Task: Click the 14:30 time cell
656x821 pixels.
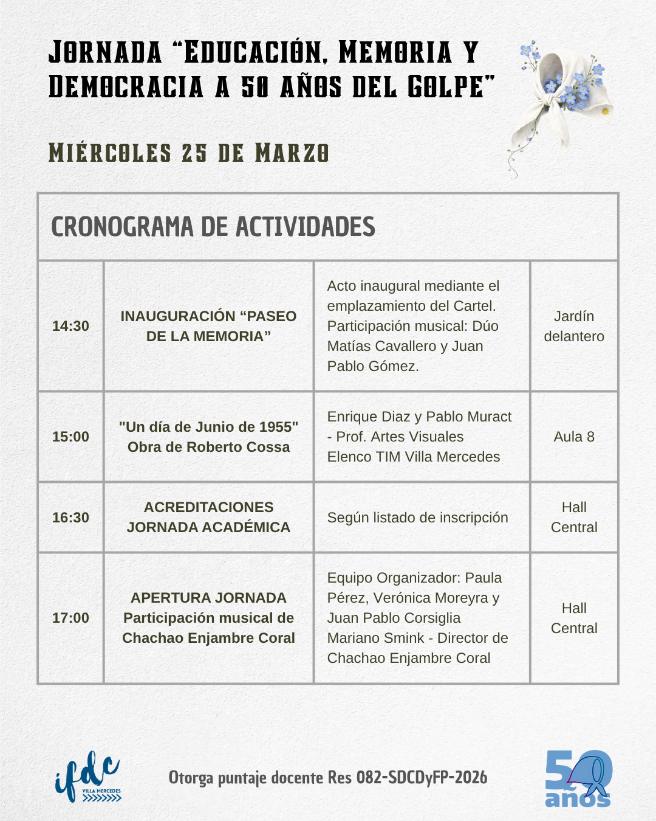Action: tap(70, 326)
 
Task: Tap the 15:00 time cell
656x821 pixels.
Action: tap(70, 437)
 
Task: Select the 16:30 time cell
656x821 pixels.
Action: tap(70, 518)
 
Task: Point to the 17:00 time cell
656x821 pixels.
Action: tap(70, 618)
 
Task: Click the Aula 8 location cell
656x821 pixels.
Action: tap(574, 437)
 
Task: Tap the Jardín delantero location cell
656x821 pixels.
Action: tap(574, 326)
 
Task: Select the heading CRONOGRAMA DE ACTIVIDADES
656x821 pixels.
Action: tap(213, 227)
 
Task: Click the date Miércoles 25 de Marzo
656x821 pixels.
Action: tap(188, 153)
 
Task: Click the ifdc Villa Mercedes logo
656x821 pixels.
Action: tap(87, 777)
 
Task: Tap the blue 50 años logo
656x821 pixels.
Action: tap(578, 778)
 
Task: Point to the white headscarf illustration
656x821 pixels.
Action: tap(559, 100)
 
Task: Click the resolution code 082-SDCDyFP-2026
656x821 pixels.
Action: tap(422, 778)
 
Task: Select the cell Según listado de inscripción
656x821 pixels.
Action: tap(417, 518)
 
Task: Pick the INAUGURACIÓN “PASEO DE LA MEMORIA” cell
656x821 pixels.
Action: tap(208, 326)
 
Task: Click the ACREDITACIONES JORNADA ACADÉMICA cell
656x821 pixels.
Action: tap(208, 517)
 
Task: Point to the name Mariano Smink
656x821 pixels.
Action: tap(376, 638)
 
